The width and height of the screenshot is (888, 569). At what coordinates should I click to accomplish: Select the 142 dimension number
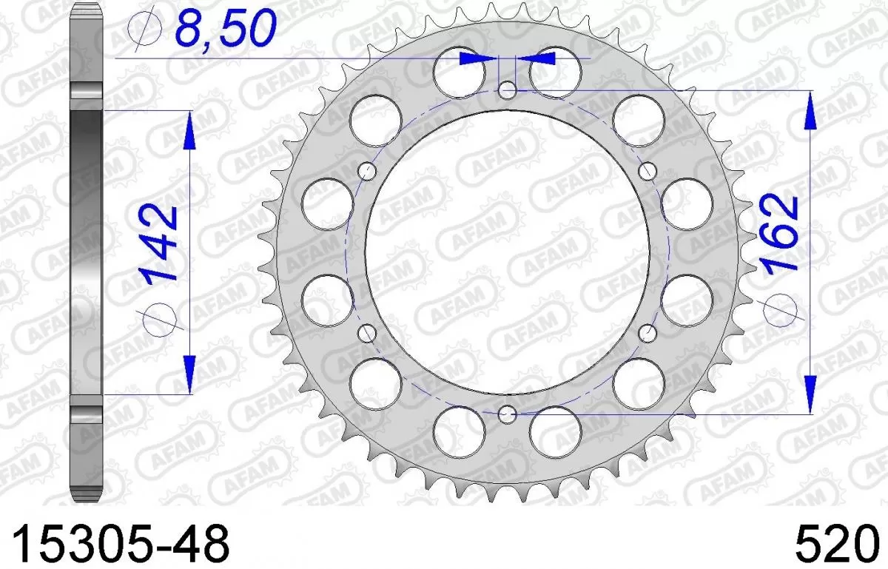(x=161, y=243)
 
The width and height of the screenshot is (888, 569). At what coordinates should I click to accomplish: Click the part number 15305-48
(x=117, y=543)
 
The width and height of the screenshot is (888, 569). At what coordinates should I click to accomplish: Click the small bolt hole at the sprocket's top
(x=507, y=90)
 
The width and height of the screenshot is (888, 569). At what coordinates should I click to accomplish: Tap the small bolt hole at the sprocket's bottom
(x=507, y=413)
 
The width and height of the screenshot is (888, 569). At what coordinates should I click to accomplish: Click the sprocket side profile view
(x=87, y=252)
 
